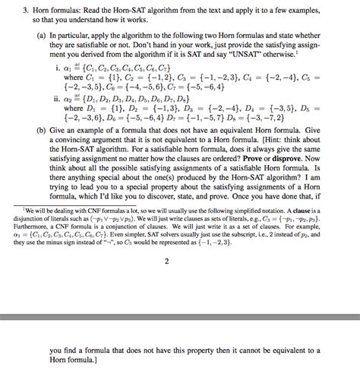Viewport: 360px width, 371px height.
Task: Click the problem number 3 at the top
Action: [x=22, y=13]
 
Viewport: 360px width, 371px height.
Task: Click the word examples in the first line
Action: [x=320, y=13]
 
